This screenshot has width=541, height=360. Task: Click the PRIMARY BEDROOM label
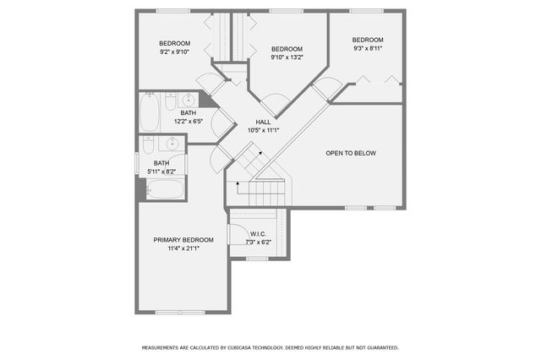pos(183,240)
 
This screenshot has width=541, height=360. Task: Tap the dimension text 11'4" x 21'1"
pos(183,248)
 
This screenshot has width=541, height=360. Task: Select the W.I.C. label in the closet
pos(258,234)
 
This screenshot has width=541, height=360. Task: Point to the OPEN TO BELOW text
pos(351,153)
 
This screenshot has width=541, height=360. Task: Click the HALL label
pos(263,122)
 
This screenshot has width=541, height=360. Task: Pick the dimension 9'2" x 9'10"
pos(175,52)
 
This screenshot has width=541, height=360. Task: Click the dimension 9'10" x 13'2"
pos(287,57)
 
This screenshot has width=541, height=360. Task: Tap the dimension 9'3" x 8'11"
pos(368,49)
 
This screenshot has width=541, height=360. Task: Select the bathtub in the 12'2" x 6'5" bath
pos(150,112)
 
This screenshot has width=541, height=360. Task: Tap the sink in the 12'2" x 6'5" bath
pos(189,101)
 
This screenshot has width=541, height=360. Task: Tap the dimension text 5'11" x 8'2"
pos(164,172)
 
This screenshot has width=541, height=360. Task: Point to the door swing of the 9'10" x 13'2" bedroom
pos(274,106)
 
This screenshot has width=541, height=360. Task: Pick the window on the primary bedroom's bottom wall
pos(179,313)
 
